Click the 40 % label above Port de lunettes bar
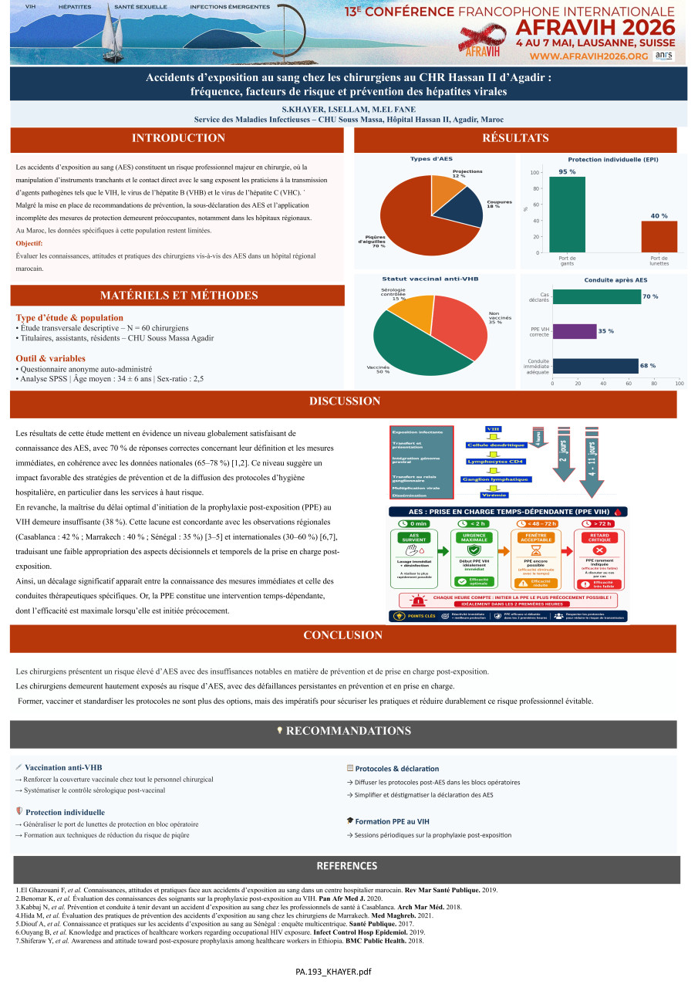pyautogui.click(x=659, y=215)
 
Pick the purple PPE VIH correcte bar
pyautogui.click(x=575, y=331)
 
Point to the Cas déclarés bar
pyautogui.click(x=596, y=296)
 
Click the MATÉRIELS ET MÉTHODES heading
pyautogui.click(x=178, y=296)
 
